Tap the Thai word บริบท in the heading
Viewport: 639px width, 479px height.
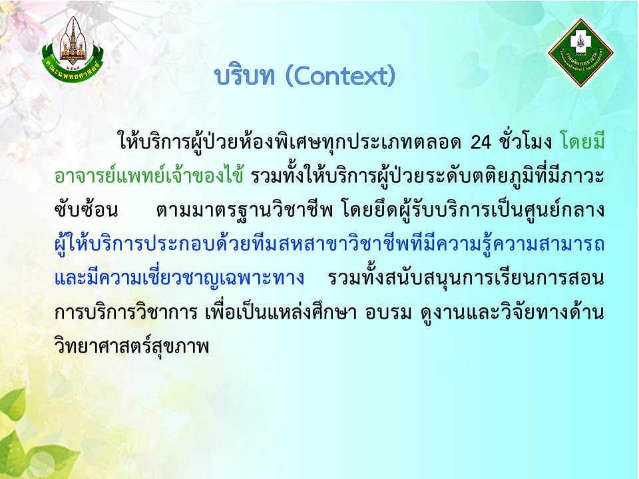tap(244, 76)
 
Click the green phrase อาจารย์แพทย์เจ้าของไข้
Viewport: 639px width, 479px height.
tap(149, 176)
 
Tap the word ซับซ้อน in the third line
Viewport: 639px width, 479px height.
tap(86, 210)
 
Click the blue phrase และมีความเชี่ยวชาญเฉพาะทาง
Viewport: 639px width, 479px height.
tap(179, 278)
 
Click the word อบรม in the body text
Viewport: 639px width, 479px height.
tap(388, 313)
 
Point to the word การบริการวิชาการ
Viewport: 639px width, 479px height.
tap(126, 312)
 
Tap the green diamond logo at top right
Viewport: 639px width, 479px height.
tap(580, 53)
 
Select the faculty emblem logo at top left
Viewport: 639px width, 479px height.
tap(72, 49)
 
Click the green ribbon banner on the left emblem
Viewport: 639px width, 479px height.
tap(72, 70)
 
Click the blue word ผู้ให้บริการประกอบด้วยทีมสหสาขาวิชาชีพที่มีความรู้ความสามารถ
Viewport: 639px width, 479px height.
tap(329, 244)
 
